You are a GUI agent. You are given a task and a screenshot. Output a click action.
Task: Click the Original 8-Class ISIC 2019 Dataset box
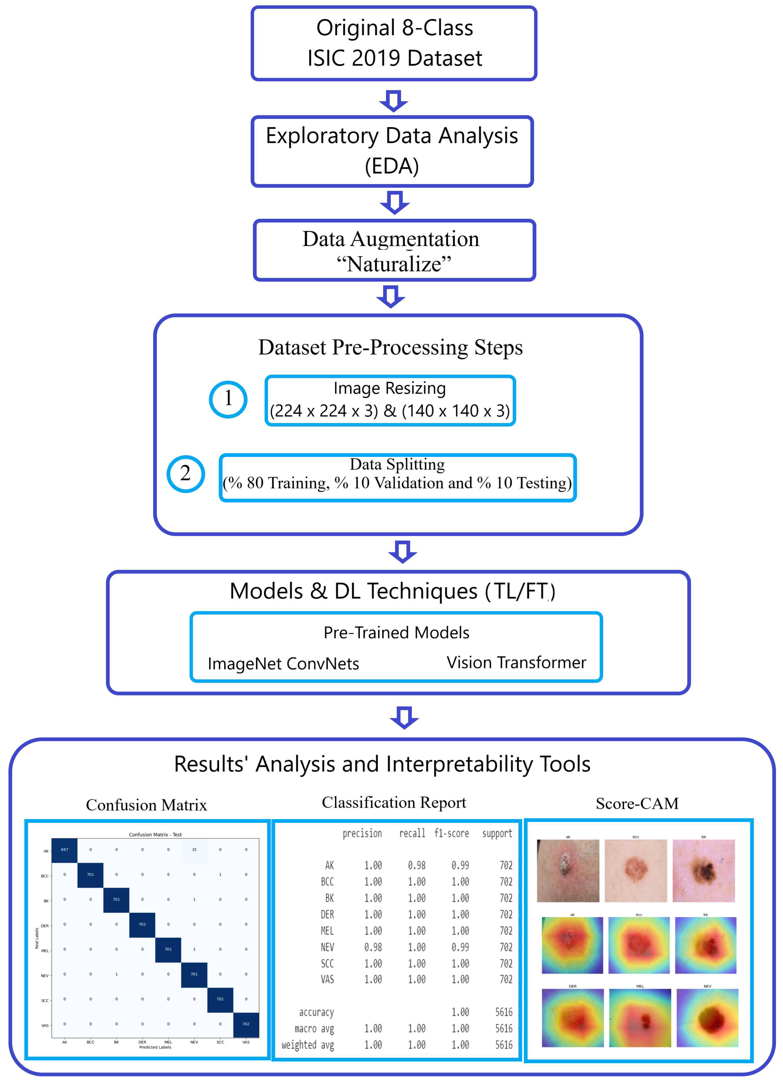[x=394, y=43]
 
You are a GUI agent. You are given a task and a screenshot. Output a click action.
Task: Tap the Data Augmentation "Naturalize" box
[x=394, y=250]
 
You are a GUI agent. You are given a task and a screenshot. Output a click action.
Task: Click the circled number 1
[x=228, y=399]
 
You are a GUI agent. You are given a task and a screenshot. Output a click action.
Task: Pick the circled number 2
[x=186, y=474]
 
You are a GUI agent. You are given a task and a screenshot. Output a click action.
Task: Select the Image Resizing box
[x=390, y=400]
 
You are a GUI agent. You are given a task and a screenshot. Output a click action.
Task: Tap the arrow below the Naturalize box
[x=391, y=297]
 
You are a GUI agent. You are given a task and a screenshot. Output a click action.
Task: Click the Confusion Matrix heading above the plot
[x=147, y=805]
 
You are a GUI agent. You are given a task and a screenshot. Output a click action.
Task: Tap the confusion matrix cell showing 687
[x=64, y=849]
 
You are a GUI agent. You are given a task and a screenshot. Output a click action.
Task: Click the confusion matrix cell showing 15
[x=194, y=849]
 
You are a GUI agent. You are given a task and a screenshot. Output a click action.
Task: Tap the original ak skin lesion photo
[x=568, y=871]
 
